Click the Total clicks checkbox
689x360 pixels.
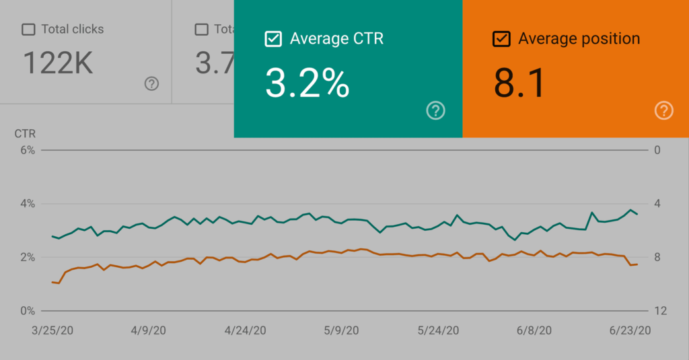click(28, 30)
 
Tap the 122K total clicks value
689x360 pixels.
click(58, 63)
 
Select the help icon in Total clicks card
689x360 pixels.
click(152, 83)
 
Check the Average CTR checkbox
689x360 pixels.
click(273, 39)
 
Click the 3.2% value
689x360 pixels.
click(307, 84)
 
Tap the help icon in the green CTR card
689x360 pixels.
click(436, 110)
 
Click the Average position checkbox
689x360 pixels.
click(501, 39)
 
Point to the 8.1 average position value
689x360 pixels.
click(519, 84)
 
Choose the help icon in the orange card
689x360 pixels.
click(664, 110)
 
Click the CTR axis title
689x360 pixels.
click(25, 133)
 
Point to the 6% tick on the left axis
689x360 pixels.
click(27, 150)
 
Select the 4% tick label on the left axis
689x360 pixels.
click(27, 204)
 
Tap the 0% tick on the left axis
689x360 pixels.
click(27, 311)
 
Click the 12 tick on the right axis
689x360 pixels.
click(660, 311)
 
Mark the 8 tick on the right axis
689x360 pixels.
click(657, 257)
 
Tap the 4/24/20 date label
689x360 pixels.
click(246, 330)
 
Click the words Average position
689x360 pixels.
click(579, 39)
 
